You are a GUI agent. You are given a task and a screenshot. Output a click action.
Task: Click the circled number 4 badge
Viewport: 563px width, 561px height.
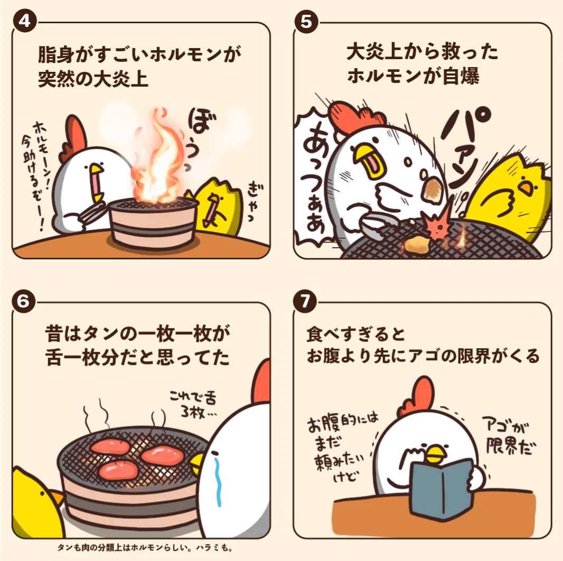point(25,21)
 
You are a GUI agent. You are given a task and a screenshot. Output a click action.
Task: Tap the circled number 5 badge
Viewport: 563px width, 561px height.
point(306,22)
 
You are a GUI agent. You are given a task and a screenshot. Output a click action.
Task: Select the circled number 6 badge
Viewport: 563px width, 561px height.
point(23,301)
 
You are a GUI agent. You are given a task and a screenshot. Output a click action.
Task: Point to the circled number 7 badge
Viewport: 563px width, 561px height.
point(305,301)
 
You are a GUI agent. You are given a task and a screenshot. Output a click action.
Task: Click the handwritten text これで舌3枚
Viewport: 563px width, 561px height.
point(194,404)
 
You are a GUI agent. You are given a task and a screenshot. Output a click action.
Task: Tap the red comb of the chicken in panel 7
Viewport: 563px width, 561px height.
point(418,396)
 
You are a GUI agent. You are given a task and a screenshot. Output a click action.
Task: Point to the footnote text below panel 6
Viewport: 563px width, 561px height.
point(145,548)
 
